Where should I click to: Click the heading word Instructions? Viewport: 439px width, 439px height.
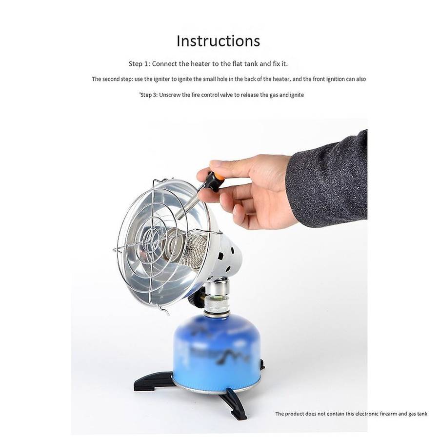[218, 41]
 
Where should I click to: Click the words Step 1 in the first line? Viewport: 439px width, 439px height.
[140, 64]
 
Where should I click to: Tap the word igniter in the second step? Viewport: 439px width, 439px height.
[161, 79]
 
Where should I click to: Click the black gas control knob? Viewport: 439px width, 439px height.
[194, 299]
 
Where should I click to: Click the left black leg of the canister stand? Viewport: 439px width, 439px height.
[153, 381]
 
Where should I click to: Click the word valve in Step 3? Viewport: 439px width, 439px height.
[226, 95]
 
